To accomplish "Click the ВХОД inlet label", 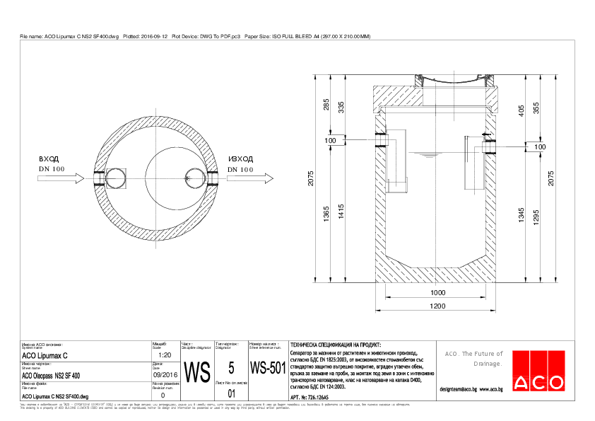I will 49,160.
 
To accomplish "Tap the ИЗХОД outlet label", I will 240,160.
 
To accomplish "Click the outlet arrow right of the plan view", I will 251,180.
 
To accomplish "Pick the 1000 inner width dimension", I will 438,293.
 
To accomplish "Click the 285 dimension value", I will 326,105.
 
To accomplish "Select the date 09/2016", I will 165,375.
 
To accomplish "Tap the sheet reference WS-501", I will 267,369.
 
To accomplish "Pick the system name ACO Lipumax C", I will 45,355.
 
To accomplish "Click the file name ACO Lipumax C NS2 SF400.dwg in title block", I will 55,397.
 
